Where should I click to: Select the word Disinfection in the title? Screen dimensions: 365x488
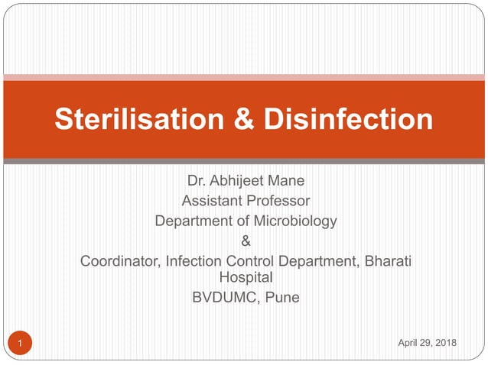click(x=348, y=119)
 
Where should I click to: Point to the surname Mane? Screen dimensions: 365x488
click(x=286, y=182)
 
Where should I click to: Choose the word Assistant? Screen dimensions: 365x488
click(x=212, y=202)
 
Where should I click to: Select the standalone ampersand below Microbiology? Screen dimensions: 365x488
click(x=246, y=241)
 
